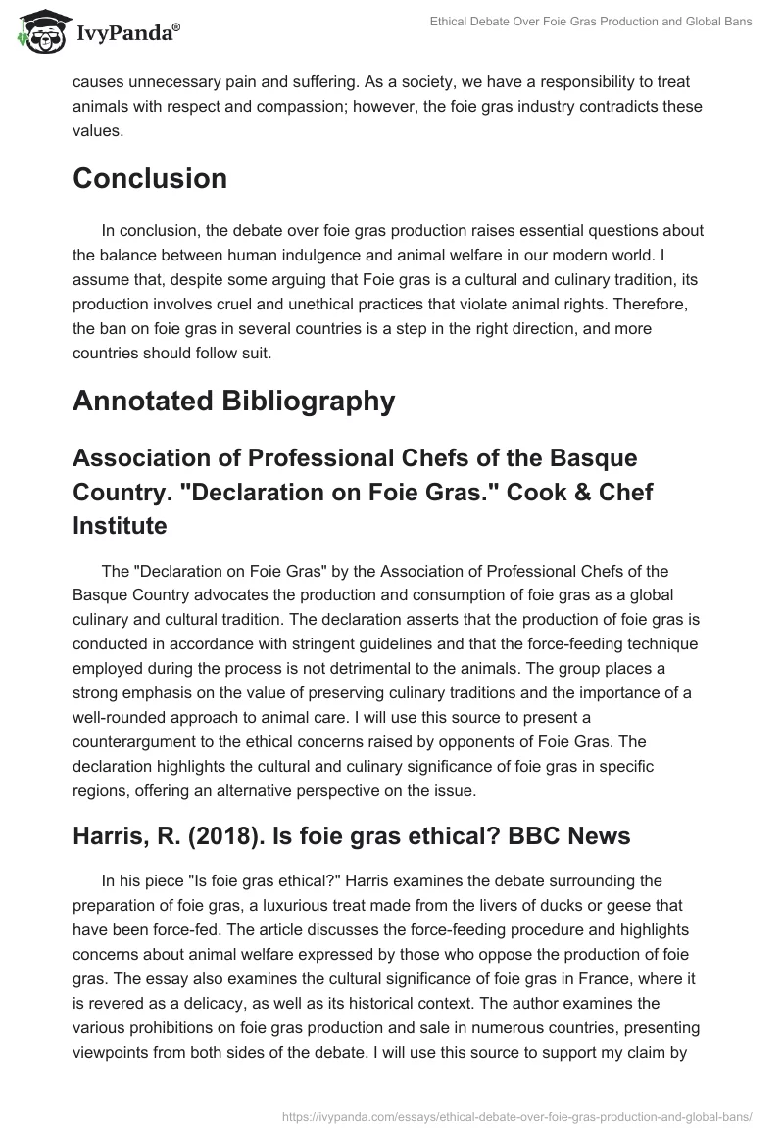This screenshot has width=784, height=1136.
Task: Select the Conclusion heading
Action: coord(150,178)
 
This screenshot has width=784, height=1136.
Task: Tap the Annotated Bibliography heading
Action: coord(233,402)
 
